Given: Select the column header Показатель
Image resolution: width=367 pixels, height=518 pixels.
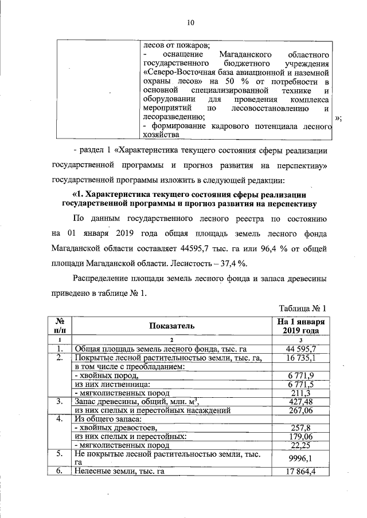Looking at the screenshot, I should [171, 325].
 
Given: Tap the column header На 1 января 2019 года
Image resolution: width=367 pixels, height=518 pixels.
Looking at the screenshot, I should [301, 325].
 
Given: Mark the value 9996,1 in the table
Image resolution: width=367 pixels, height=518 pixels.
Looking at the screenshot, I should [301, 458].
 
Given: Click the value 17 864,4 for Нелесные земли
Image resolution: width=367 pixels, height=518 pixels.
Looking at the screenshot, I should [301, 472].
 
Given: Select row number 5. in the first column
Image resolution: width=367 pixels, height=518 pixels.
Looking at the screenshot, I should [59, 454].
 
